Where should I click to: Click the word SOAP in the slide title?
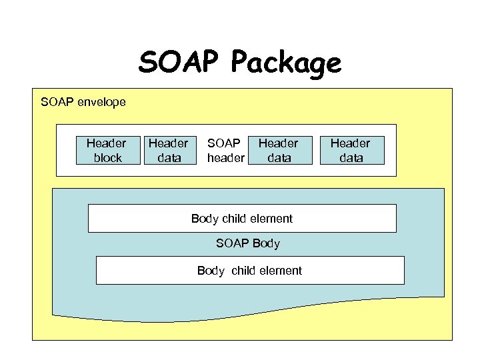(179, 63)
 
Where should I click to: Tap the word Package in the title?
(286, 64)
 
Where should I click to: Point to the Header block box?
(106, 150)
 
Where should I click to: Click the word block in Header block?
(107, 158)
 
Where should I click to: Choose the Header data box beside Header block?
(168, 150)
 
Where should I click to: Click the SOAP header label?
(225, 150)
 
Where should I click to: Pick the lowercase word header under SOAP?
(225, 158)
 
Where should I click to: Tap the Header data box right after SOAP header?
(278, 150)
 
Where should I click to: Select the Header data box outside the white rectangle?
(350, 150)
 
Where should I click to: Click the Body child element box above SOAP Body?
(242, 218)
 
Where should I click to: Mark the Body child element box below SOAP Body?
(250, 270)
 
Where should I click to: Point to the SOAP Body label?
(248, 243)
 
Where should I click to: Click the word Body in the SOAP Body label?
(266, 243)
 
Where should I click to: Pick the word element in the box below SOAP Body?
(279, 270)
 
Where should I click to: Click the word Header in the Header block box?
(106, 143)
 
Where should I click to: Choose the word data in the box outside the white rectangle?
(351, 158)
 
